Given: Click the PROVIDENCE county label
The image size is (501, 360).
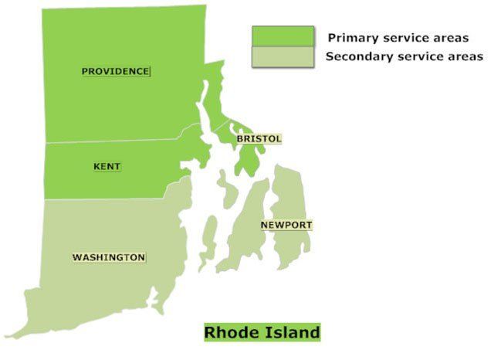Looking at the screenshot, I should [116, 71].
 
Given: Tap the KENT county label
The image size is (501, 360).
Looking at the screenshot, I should [107, 166].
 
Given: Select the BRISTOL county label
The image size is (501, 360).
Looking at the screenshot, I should [259, 139].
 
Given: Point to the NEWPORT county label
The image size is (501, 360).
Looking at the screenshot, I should [286, 225].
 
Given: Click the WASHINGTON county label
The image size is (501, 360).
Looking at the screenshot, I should [108, 257].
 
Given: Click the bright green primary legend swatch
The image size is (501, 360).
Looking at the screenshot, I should [283, 36].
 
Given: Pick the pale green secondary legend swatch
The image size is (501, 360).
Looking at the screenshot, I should [283, 56].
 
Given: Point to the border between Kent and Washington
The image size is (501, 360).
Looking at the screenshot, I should [108, 199].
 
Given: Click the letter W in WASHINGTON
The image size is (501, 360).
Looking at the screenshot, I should [76, 257].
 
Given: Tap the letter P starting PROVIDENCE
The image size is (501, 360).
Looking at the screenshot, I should [85, 71].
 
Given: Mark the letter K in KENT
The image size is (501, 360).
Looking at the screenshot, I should [96, 166].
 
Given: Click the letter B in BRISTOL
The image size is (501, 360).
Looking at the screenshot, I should [240, 139].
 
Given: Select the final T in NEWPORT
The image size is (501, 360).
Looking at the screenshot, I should [309, 225].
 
